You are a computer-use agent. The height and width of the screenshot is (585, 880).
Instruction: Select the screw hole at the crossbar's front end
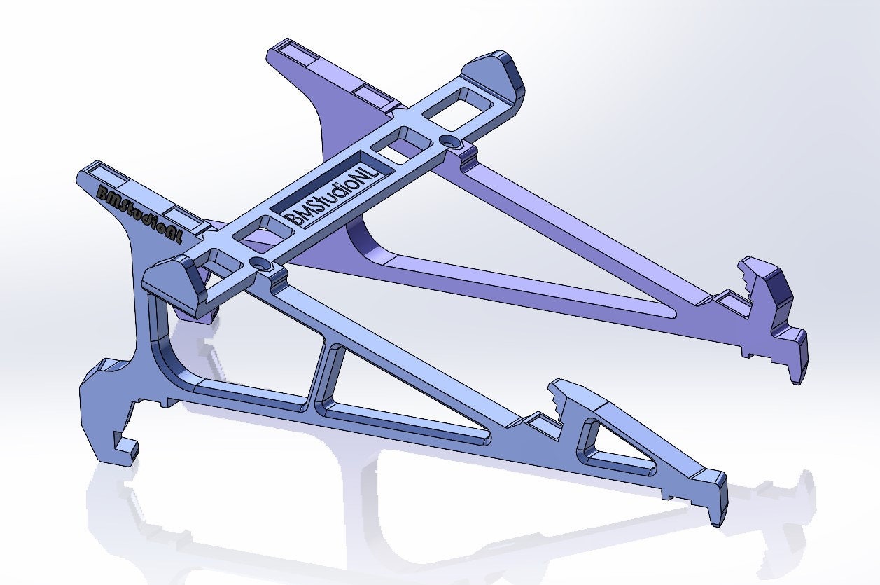261,264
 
